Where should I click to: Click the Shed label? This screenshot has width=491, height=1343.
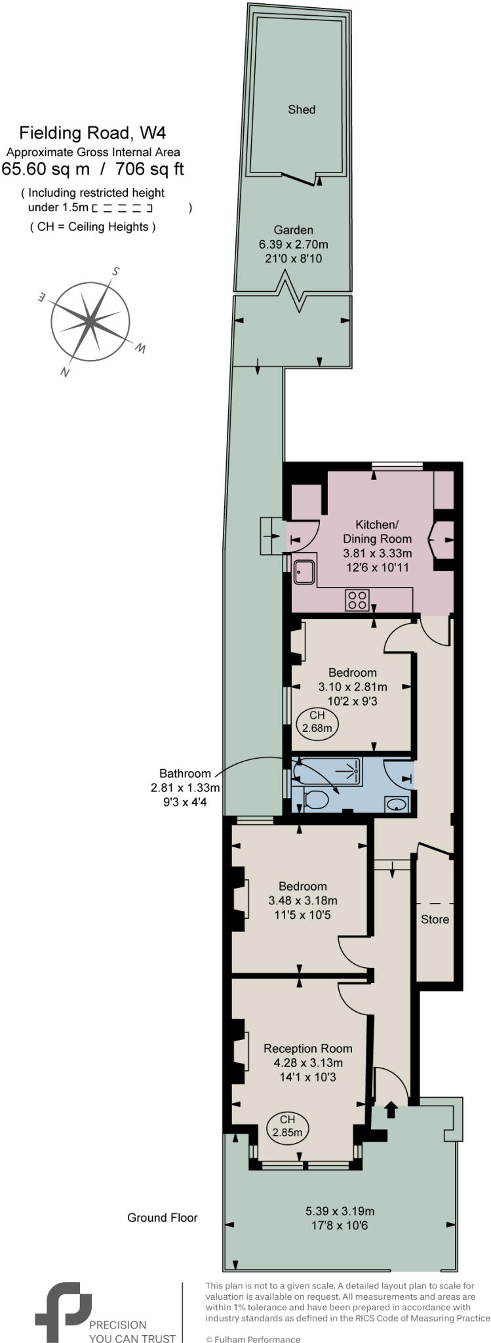(302, 110)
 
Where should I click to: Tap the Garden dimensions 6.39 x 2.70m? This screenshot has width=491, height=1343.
(293, 245)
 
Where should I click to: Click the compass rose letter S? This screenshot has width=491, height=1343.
(115, 271)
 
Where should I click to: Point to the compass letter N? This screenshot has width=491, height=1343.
(65, 372)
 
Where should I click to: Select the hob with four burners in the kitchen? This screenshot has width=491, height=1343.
(357, 599)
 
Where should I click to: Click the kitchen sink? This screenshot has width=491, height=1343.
(305, 571)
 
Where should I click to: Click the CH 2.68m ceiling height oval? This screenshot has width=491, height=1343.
(317, 722)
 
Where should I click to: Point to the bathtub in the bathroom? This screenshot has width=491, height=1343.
(328, 772)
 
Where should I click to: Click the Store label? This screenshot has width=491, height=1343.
(435, 919)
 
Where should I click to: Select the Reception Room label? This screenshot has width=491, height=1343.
(307, 1049)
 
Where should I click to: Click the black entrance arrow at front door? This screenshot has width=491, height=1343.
(391, 1109)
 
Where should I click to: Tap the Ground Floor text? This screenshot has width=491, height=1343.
(162, 1218)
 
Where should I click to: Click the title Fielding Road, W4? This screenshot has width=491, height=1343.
(92, 133)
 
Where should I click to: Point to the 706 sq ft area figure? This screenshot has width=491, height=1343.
(149, 169)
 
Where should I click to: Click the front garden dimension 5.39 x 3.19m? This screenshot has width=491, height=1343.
(340, 1211)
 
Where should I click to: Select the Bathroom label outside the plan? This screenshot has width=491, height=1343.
(185, 773)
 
